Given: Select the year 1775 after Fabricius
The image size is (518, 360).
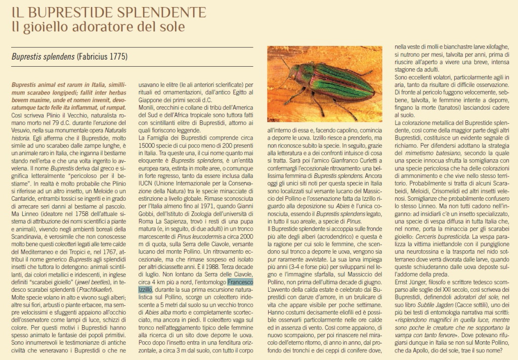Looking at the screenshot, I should click(116, 56).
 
